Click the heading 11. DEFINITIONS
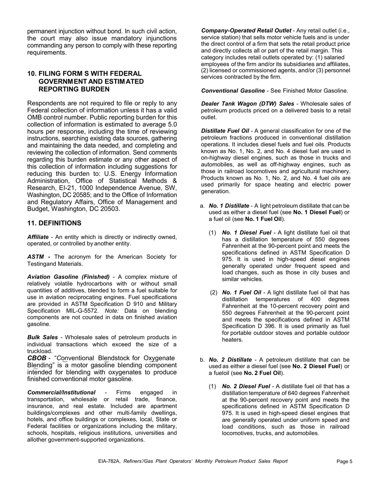click(54, 223)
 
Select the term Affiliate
click(38, 237)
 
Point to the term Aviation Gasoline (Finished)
click(68, 276)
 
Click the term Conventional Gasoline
click(233, 91)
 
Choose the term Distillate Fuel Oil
click(225, 131)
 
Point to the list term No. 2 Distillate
click(230, 360)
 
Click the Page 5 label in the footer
click(344, 461)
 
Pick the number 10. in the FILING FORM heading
click(32, 74)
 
